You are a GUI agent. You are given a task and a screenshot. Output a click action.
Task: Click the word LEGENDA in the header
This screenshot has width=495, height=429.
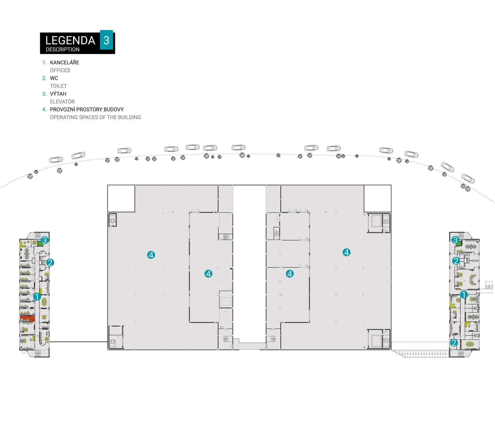coord(70,40)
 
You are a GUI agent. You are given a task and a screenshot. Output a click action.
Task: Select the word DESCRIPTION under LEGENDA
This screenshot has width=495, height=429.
coord(63,49)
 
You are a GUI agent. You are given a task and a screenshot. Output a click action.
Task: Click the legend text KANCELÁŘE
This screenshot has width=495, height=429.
coord(64,62)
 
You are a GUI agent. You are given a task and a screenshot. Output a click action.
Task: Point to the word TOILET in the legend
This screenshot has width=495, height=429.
coord(58,86)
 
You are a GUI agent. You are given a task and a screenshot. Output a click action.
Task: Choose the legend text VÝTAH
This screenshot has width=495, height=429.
coord(58,94)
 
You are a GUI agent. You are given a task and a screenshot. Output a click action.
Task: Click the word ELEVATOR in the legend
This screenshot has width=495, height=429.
coord(62,102)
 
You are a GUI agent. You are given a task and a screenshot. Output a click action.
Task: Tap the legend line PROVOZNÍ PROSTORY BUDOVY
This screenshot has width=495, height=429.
coord(87,109)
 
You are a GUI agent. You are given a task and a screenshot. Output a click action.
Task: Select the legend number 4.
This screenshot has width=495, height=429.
coord(44,109)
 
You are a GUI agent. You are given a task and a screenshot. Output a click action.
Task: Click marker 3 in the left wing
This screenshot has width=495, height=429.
coord(45,240)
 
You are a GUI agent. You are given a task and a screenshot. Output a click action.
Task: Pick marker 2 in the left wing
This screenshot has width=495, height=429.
coord(50,262)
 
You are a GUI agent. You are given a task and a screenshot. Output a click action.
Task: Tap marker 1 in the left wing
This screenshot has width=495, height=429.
coord(37,297)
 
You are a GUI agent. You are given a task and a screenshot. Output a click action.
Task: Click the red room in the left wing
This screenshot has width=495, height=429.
coord(27,318)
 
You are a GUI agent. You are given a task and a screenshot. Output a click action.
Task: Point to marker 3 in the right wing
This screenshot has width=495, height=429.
coord(455,240)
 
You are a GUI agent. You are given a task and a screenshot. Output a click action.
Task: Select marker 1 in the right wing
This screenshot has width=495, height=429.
coord(464,295)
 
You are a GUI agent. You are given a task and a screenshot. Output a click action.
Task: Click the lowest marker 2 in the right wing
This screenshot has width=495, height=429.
coord(454,343)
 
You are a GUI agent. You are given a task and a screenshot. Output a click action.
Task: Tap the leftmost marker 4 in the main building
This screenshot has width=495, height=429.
coord(151,255)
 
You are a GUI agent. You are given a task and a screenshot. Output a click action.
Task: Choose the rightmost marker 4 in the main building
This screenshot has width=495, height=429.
coord(346,252)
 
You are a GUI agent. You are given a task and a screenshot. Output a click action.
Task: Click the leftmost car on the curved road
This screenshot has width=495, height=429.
coord(56,160)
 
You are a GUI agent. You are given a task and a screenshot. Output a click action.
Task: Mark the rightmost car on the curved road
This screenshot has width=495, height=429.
coord(468,179)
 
